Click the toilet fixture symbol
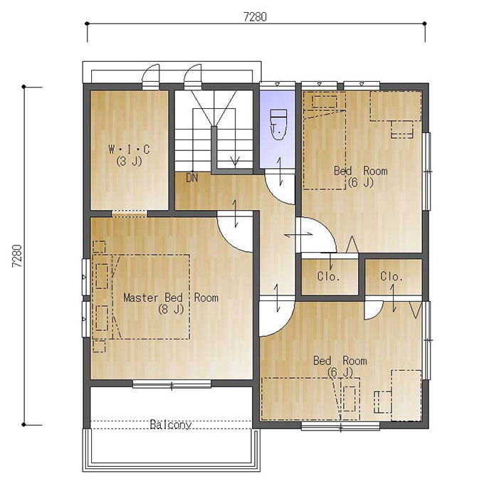[x=279, y=125]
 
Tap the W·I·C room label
[x=129, y=149]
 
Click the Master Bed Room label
[x=171, y=298]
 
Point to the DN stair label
[x=192, y=178]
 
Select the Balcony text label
[x=171, y=424]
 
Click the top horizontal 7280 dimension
[x=255, y=16]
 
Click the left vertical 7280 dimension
[x=17, y=256]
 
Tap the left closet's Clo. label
[x=329, y=276]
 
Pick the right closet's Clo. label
[x=391, y=276]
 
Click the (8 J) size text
[x=171, y=309]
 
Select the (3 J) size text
[x=129, y=161]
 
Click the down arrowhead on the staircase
[x=235, y=161]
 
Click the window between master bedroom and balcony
[x=172, y=384]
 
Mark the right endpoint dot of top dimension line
[x=425, y=23]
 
